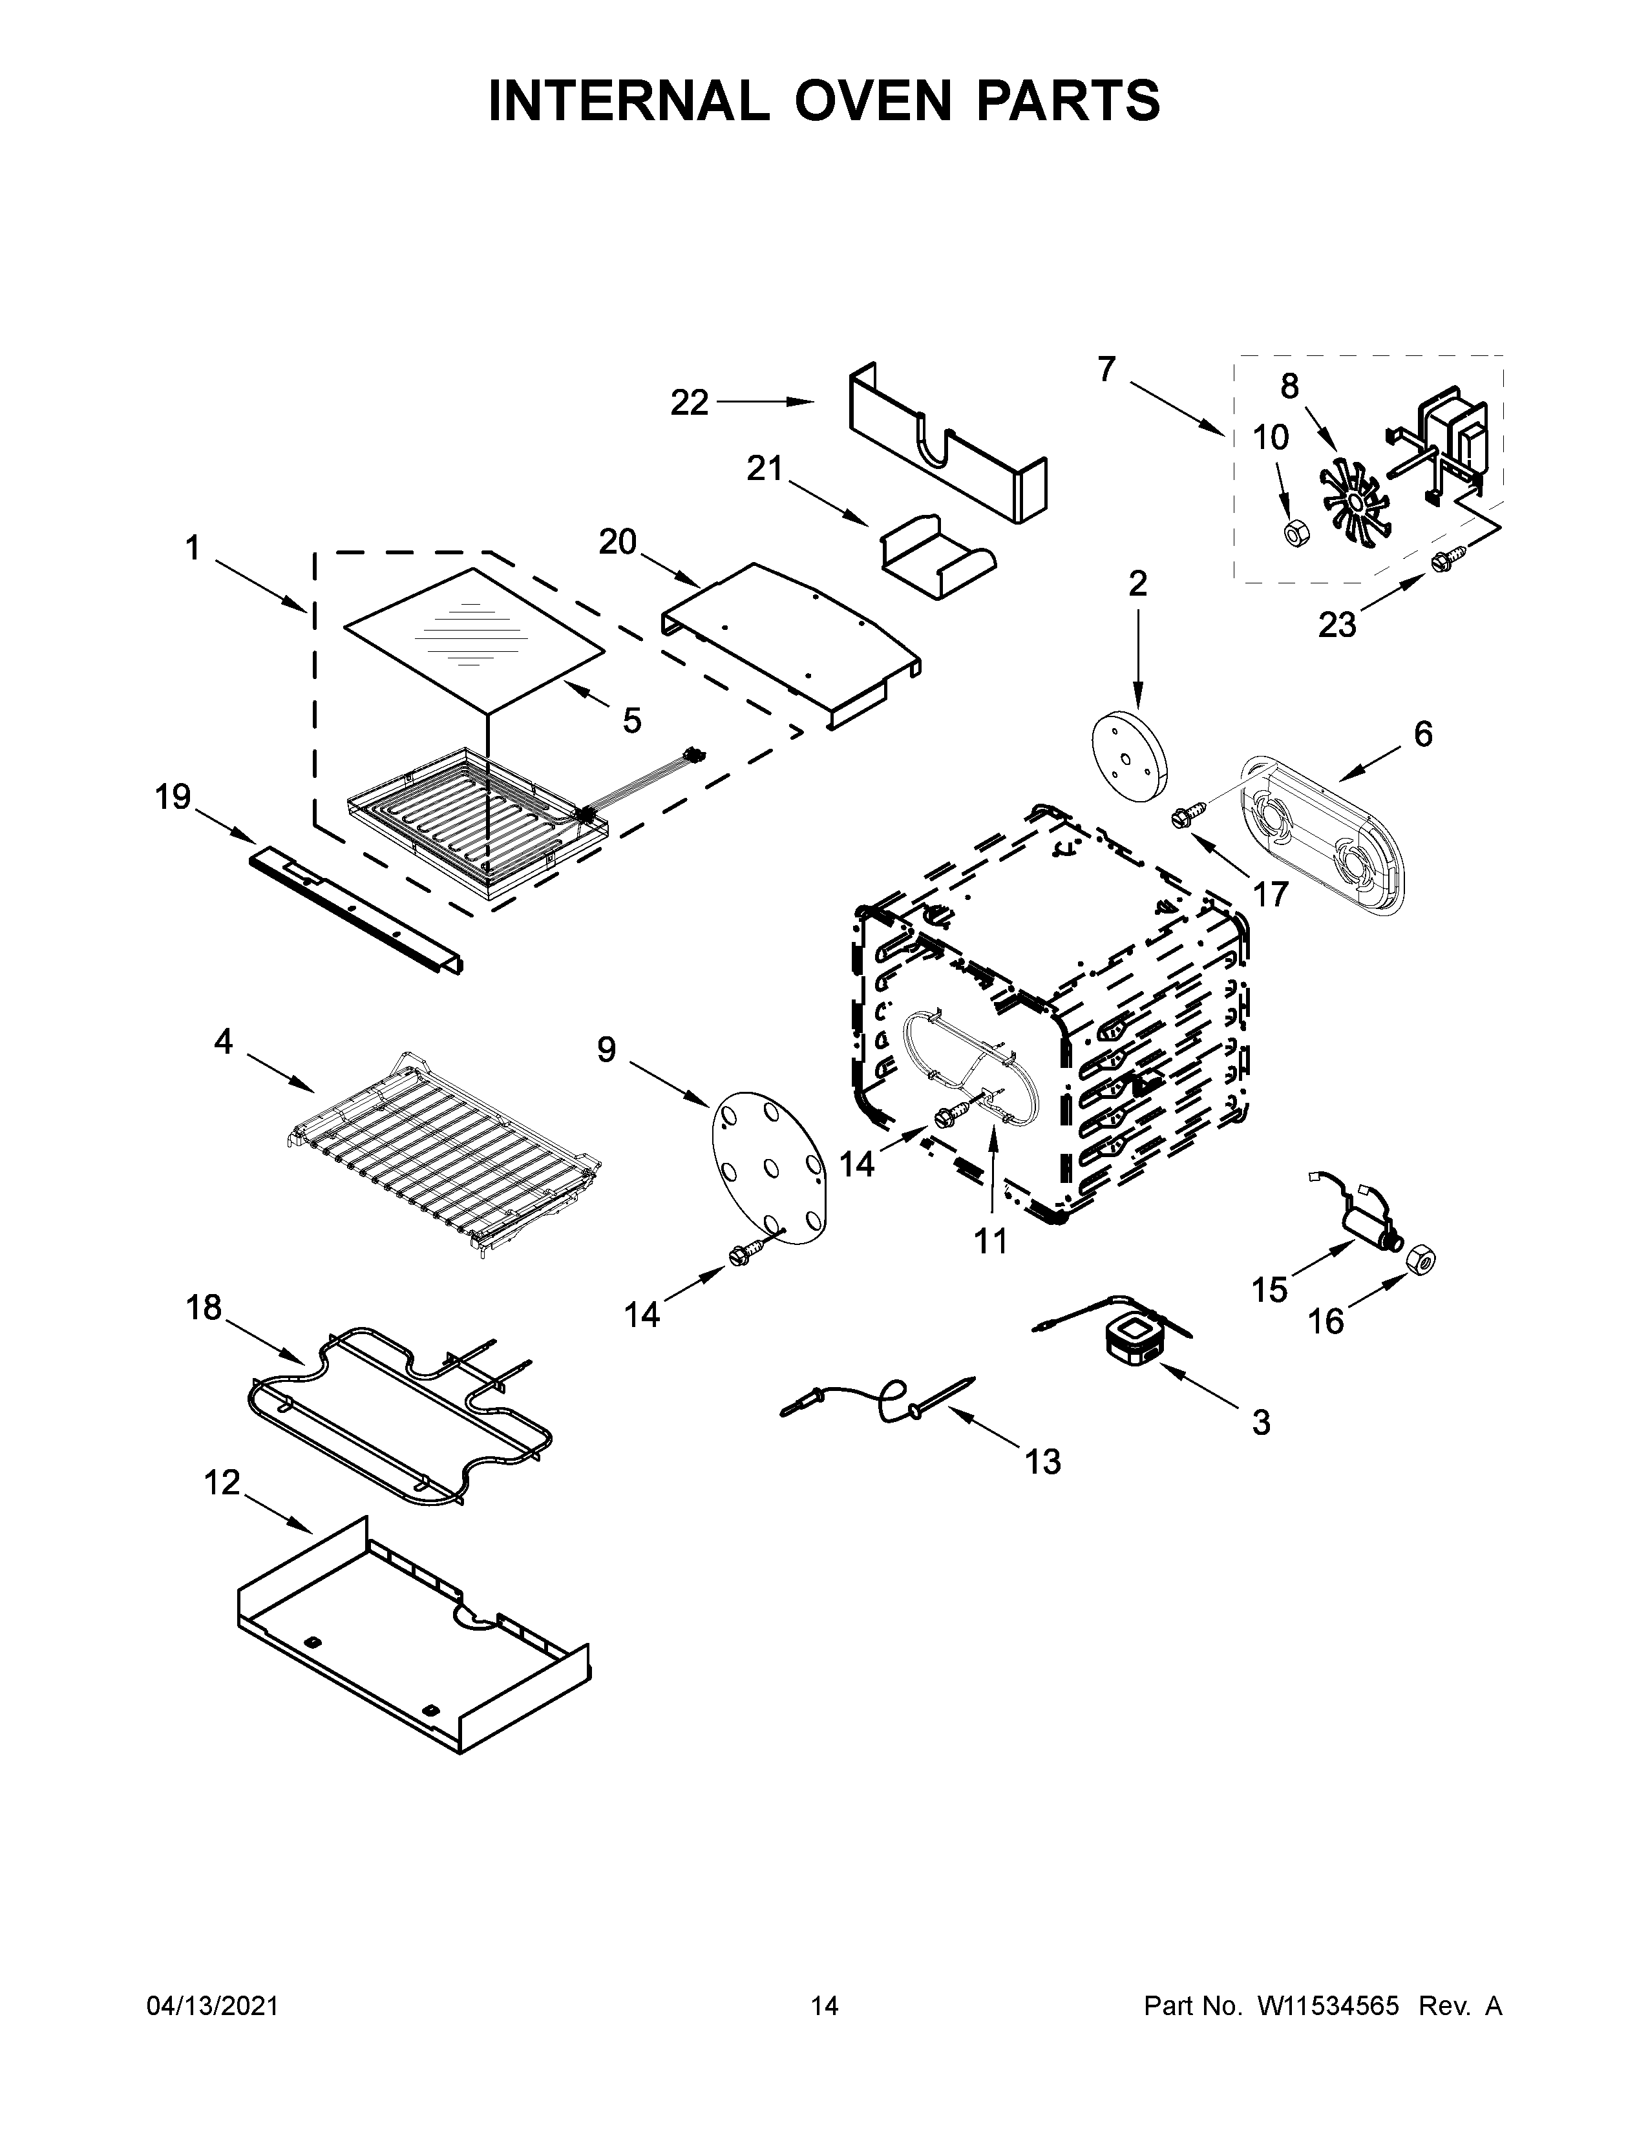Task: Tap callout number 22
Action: tap(690, 402)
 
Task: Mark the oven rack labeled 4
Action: tap(444, 1156)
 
